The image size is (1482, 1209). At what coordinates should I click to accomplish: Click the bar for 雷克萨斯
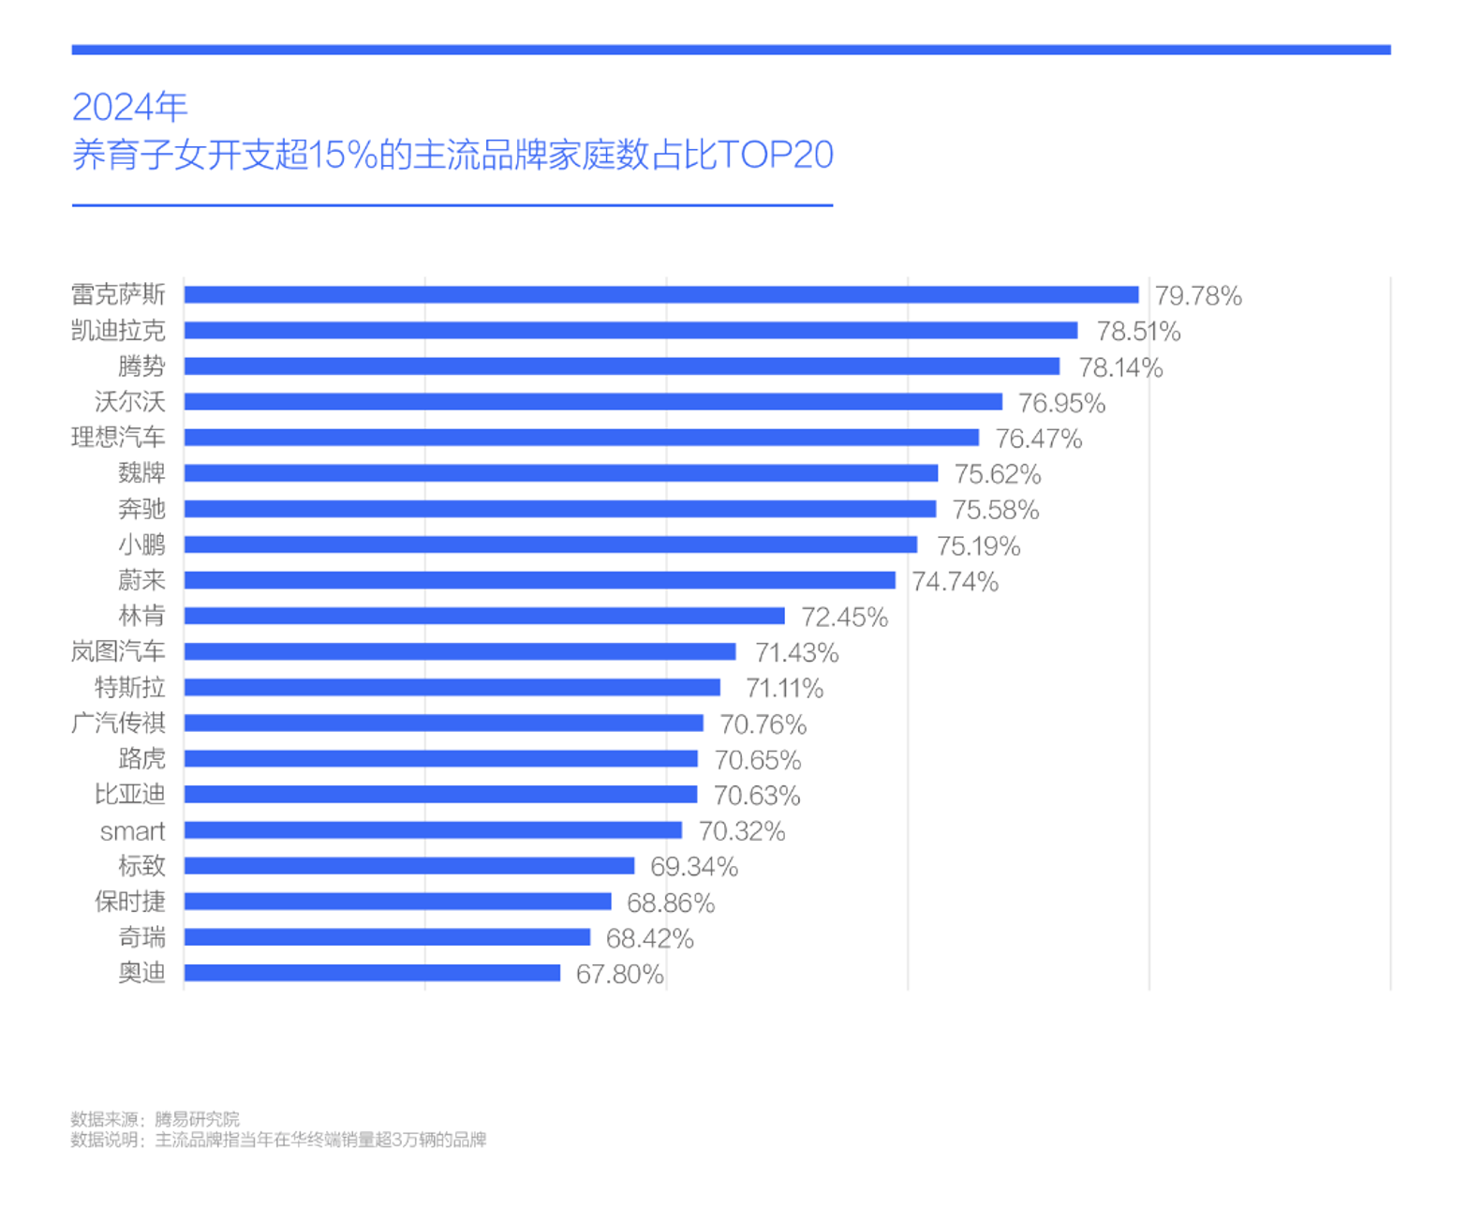660,295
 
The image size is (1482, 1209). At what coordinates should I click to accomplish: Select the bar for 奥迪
372,973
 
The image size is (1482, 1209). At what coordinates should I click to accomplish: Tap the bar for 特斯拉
452,688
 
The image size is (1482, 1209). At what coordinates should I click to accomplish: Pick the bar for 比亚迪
440,795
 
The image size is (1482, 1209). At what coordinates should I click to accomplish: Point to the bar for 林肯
483,616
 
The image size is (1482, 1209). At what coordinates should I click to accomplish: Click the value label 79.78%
1197,296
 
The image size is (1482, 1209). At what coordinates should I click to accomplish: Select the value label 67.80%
619,975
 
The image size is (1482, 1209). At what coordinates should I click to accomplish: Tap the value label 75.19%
978,546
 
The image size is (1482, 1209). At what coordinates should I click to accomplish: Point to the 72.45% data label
844,618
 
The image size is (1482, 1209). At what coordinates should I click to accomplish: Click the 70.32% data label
741,831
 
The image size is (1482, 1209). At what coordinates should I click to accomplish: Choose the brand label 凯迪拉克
118,331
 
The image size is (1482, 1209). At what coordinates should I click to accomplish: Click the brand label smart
132,831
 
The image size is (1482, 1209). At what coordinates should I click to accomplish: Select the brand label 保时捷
129,902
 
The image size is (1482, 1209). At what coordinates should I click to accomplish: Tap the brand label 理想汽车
118,438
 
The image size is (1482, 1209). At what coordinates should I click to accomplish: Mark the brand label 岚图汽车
118,651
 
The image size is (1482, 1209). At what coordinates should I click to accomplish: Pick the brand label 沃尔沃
129,402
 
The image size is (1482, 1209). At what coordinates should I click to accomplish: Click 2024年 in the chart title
130,108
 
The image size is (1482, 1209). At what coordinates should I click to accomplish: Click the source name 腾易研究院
197,1119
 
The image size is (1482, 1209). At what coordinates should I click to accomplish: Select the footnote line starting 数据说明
278,1140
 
